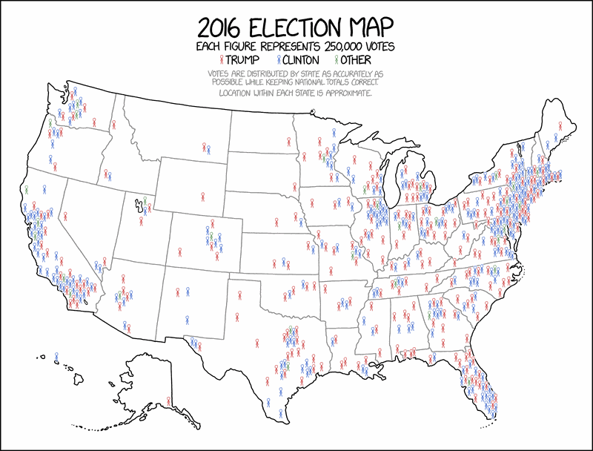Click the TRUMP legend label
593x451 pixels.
(x=242, y=59)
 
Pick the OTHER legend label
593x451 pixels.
(x=356, y=59)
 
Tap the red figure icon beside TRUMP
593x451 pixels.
(x=221, y=59)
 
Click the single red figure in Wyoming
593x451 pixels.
(x=202, y=197)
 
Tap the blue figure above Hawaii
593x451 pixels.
(x=57, y=358)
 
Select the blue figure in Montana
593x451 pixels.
(x=208, y=150)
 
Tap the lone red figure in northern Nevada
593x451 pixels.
(x=66, y=217)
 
